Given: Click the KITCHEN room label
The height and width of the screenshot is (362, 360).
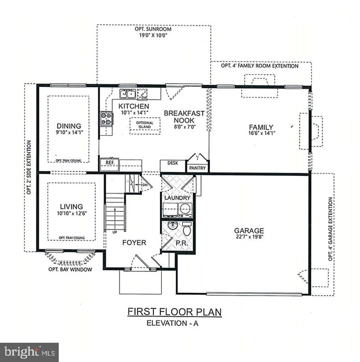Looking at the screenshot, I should [x=133, y=106].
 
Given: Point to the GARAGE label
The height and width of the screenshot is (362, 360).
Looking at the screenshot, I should [x=249, y=231].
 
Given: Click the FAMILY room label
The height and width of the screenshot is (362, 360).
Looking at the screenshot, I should [x=261, y=126].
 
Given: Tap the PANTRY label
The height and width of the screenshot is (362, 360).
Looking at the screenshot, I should [x=198, y=167].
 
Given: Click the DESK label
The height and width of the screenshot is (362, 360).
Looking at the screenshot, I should [x=172, y=164].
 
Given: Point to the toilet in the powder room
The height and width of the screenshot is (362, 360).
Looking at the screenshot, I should [x=187, y=228].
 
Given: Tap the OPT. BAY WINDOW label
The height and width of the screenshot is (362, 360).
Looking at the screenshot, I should [x=69, y=269].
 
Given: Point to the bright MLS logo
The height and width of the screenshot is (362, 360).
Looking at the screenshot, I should [x=29, y=351].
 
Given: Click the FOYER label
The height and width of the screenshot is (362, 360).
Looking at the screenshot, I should [x=135, y=242].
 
